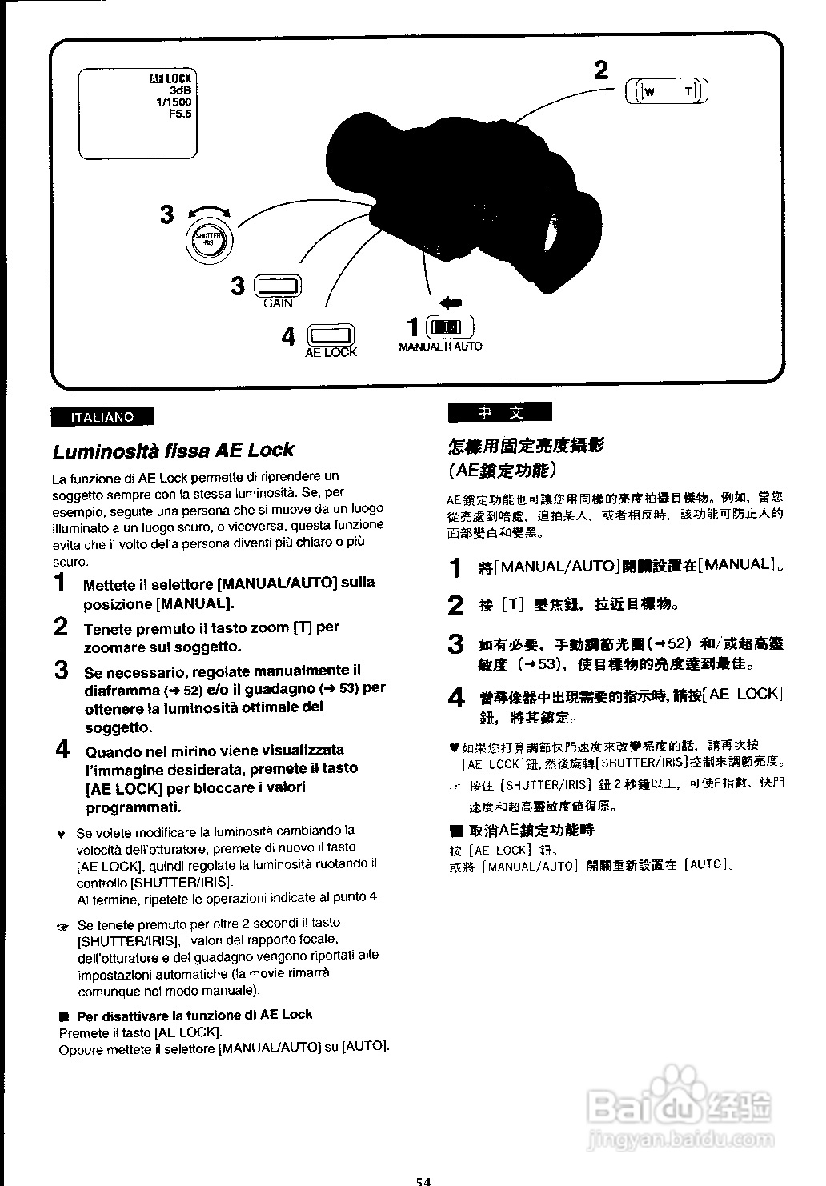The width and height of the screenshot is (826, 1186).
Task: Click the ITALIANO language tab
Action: pyautogui.click(x=102, y=417)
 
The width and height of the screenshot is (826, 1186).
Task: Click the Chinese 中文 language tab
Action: pyautogui.click(x=500, y=413)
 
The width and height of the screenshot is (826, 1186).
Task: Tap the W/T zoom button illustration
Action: pyautogui.click(x=667, y=90)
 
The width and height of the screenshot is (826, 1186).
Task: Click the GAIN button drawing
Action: pyautogui.click(x=277, y=286)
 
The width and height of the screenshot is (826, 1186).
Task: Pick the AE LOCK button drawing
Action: pyautogui.click(x=331, y=335)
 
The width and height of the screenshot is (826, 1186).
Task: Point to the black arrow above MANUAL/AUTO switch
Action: pyautogui.click(x=451, y=303)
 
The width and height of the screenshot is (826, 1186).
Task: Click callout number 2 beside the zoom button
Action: pyautogui.click(x=601, y=72)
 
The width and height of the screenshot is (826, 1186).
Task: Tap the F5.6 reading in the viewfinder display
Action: pyautogui.click(x=180, y=114)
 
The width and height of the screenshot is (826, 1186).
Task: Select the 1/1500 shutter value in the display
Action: pyautogui.click(x=174, y=102)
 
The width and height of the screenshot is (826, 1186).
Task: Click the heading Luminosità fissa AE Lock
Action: pyautogui.click(x=173, y=451)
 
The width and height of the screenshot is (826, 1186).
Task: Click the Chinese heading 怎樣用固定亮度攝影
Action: pyautogui.click(x=526, y=446)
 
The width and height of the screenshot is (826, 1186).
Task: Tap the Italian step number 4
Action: pyautogui.click(x=62, y=751)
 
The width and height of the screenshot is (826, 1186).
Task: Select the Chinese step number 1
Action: pyautogui.click(x=455, y=567)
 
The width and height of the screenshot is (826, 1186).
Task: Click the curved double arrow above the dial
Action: pyautogui.click(x=208, y=211)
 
